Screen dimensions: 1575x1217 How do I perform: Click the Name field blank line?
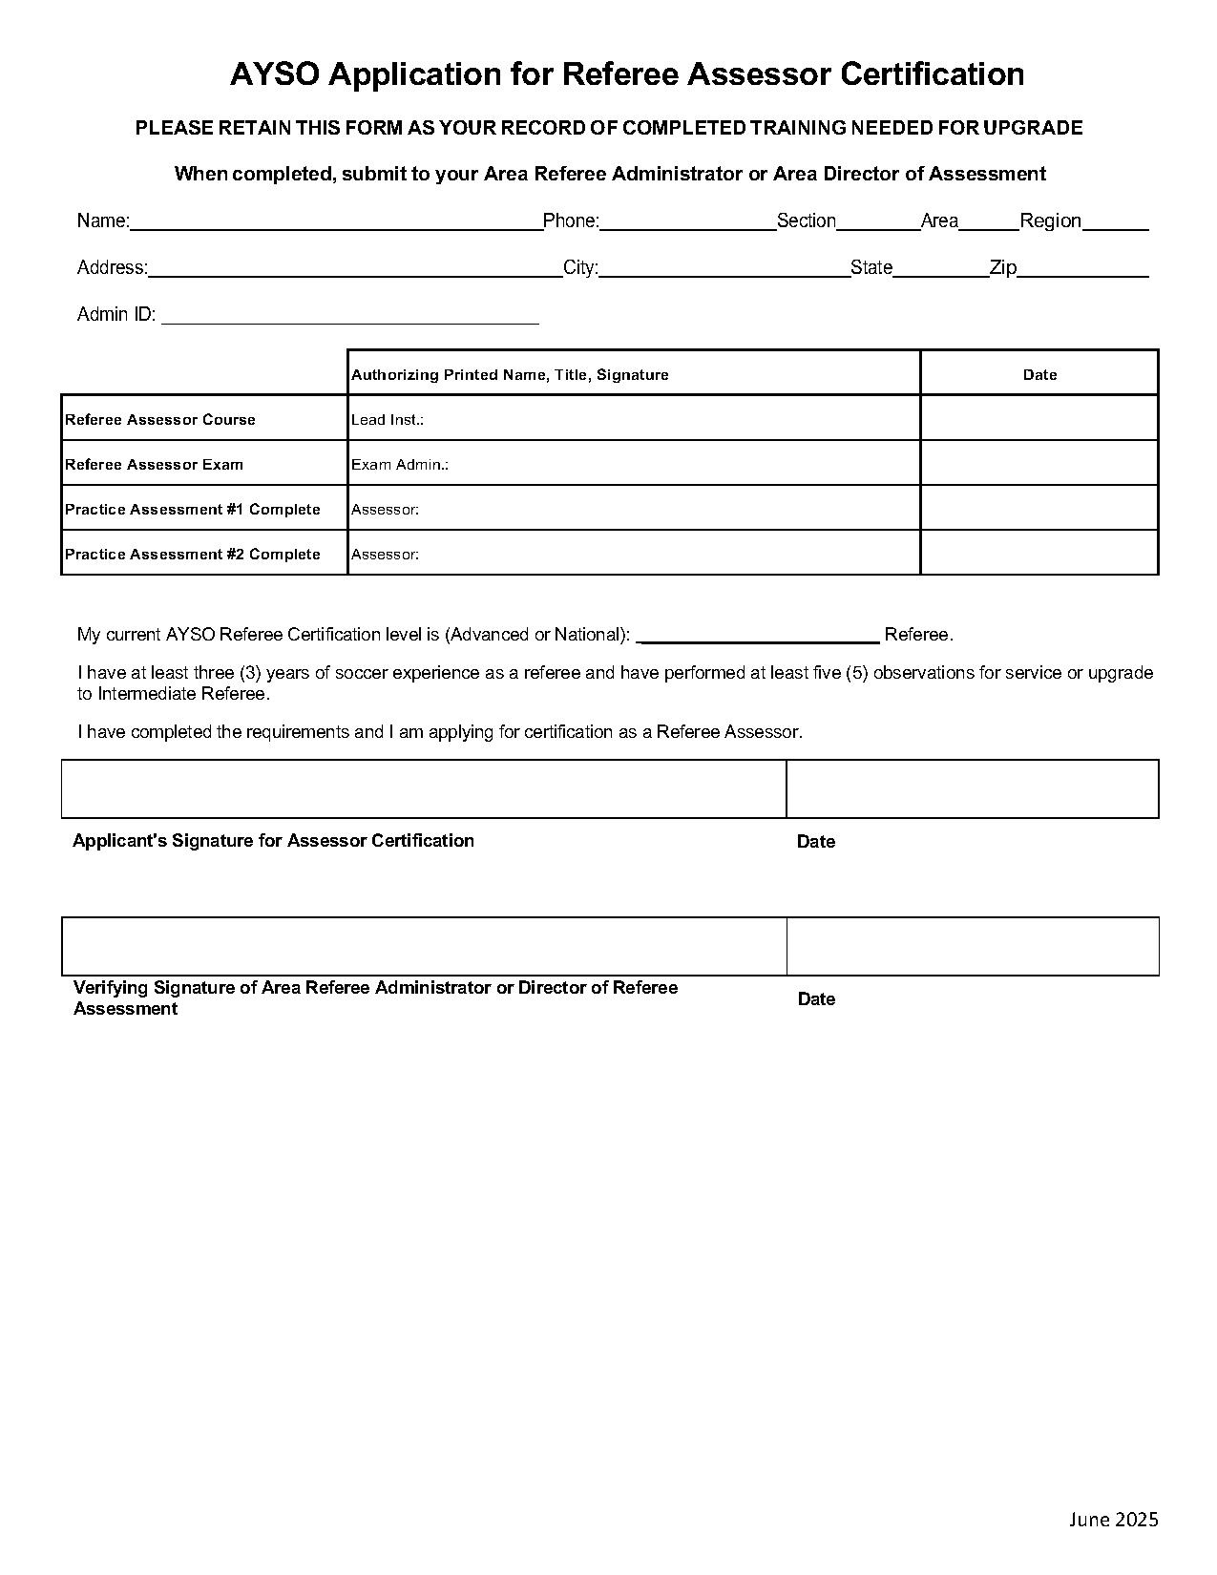coord(336,223)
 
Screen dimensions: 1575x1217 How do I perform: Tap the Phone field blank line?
coord(687,223)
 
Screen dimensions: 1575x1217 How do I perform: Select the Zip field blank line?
coord(1082,270)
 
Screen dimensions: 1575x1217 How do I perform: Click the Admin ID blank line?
coord(350,317)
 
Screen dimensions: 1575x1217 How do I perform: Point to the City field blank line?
coord(724,270)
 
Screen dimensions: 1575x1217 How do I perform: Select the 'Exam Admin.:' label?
coord(400,465)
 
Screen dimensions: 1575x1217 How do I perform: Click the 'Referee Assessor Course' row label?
coord(160,420)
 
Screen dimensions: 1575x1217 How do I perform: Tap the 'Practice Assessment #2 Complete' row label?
coord(193,555)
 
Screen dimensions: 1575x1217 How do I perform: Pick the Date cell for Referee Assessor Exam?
coord(1039,463)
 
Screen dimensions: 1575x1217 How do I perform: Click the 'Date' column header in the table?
coord(1039,375)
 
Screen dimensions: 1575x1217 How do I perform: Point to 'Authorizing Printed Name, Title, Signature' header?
coord(510,375)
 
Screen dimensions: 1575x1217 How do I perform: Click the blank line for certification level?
coord(757,637)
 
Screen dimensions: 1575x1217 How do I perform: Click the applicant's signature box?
coord(424,789)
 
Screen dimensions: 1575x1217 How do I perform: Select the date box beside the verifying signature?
coord(972,947)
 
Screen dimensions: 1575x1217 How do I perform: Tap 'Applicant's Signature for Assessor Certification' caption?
coord(273,841)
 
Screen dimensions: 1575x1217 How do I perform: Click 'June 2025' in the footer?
coord(1113,1520)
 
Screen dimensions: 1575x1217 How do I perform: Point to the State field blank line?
coord(940,270)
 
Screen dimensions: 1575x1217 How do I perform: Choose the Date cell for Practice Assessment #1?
coord(1039,508)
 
